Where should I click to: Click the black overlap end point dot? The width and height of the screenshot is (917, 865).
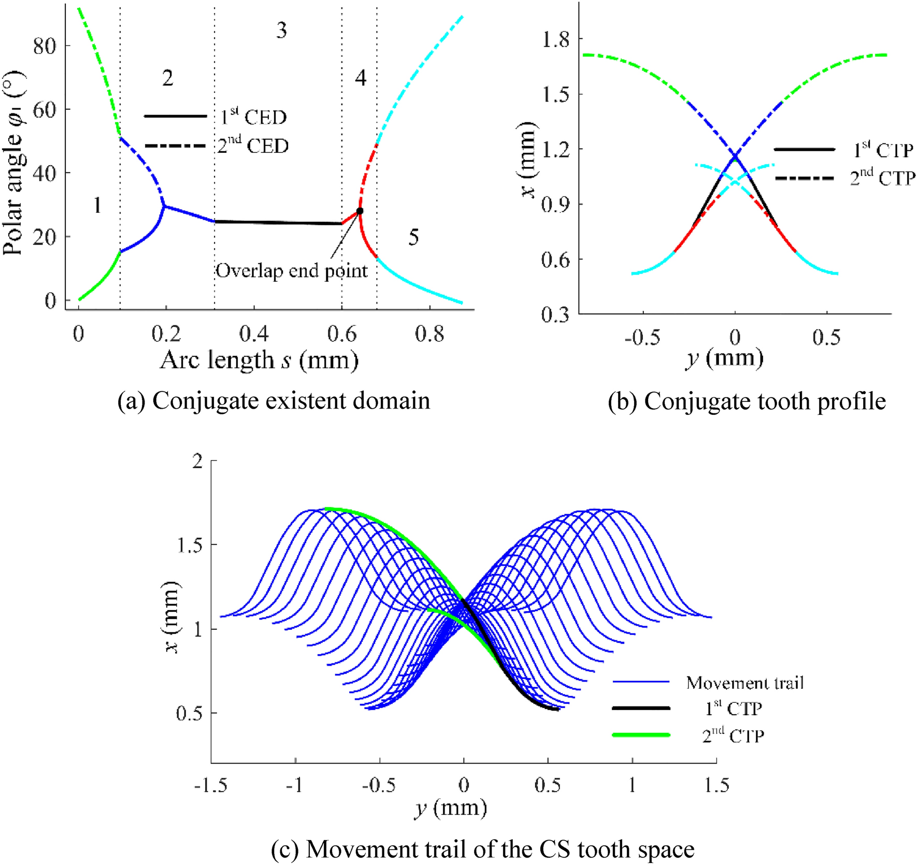click(x=360, y=211)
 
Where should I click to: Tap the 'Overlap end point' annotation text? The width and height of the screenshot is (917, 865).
click(x=292, y=271)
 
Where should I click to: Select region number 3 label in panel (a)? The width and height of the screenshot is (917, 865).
click(x=281, y=31)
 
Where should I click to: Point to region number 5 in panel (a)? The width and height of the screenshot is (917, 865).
click(x=413, y=238)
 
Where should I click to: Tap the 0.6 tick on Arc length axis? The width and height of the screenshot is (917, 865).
click(x=342, y=335)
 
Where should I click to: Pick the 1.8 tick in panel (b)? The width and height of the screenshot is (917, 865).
click(x=555, y=39)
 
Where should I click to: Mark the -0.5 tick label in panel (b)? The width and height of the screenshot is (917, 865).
click(x=642, y=338)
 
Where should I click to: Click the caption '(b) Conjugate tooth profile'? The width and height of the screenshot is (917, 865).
click(x=747, y=401)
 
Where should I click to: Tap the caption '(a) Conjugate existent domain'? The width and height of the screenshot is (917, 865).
click(x=274, y=401)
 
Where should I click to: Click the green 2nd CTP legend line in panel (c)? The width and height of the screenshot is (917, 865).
click(x=641, y=735)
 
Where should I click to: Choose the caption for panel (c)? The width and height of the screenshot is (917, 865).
click(x=482, y=850)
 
